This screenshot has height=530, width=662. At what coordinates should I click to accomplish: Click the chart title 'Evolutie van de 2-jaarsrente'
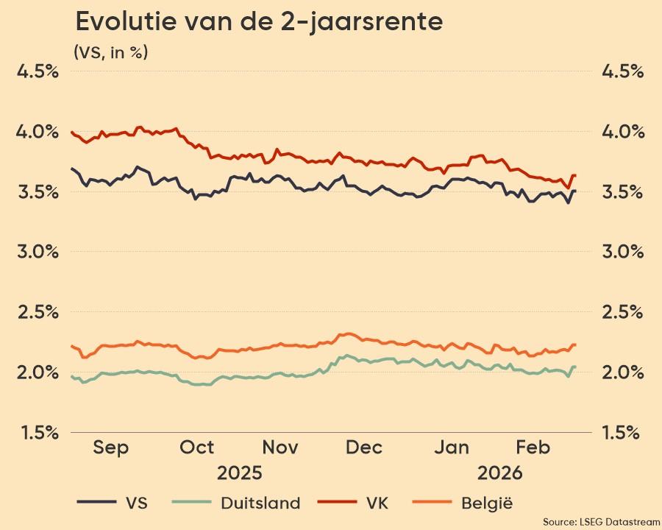coord(259,22)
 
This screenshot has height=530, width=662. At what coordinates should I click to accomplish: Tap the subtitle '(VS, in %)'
coord(110,52)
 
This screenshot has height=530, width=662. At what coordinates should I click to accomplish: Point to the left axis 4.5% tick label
coord(38,71)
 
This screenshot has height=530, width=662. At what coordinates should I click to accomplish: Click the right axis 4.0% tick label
coord(622,132)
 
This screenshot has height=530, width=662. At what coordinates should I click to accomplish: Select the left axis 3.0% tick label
coord(38,252)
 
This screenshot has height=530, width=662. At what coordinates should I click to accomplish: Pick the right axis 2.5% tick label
coord(622,312)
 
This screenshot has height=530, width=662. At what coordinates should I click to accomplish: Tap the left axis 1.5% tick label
coord(38,432)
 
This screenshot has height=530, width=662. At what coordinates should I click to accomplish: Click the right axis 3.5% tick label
coord(622,192)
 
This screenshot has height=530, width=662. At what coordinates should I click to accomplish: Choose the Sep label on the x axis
coord(111,448)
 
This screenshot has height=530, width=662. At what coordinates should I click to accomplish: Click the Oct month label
coord(197,448)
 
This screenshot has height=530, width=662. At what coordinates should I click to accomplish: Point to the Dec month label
coord(364,448)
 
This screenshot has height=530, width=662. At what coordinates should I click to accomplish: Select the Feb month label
coord(533,448)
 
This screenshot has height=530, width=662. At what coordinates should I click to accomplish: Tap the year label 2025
coord(238,472)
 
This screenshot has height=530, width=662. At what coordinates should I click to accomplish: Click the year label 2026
coord(499,472)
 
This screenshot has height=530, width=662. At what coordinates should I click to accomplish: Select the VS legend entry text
coord(137,504)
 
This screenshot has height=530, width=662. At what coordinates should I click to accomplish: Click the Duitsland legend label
coord(260,504)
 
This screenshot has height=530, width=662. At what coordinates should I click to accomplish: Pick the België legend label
coord(487,504)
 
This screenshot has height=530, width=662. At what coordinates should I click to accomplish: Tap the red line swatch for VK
coord(338,504)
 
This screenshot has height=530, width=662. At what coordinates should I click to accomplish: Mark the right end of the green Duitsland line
coord(575,367)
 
